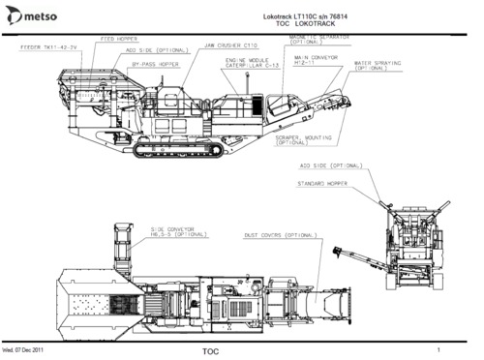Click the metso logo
click(x=34, y=15)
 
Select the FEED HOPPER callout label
click(x=118, y=40)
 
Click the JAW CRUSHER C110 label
click(x=230, y=45)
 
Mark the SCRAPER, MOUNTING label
click(x=304, y=140)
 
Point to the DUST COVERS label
click(x=281, y=235)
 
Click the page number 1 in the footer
click(x=439, y=348)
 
